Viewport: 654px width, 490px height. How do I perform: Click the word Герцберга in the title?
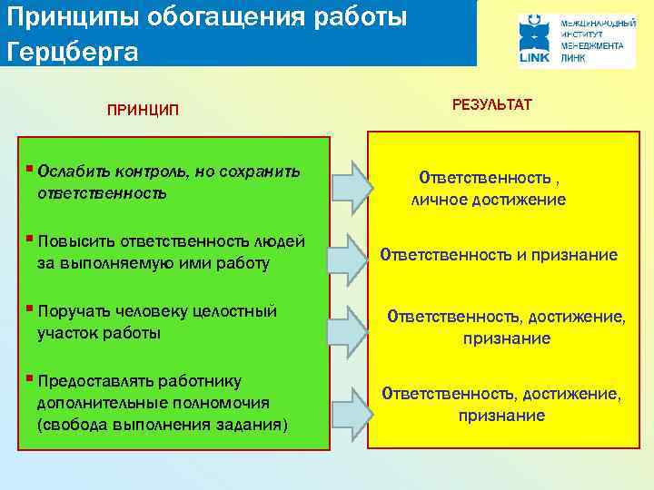[x=73, y=51]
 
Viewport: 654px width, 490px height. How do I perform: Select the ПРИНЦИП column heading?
[x=143, y=111]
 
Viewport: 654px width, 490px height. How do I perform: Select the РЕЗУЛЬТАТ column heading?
[x=491, y=105]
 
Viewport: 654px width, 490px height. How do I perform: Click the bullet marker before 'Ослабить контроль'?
[x=31, y=170]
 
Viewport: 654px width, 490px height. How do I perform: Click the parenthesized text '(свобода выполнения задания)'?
[x=162, y=425]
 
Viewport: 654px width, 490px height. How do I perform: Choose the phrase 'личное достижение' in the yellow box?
[x=489, y=200]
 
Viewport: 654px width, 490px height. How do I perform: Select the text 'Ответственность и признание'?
[x=498, y=255]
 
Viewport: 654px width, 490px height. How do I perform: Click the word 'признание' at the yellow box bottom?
[x=501, y=416]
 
